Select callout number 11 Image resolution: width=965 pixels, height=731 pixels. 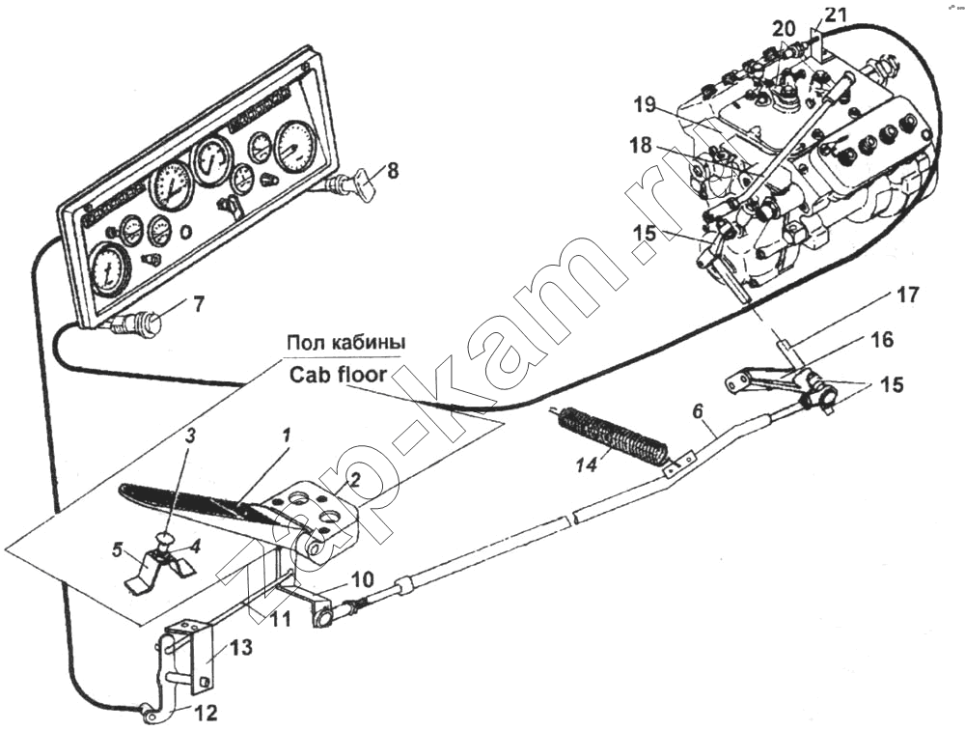[280, 619]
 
